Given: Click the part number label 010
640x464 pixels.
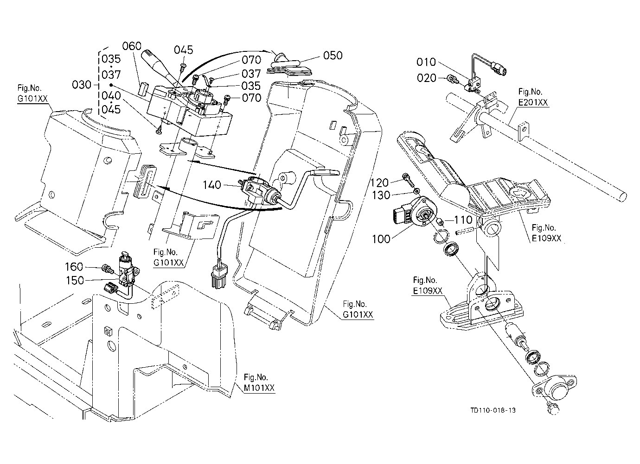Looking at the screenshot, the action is tap(426, 62).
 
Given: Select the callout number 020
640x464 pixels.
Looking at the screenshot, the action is tap(427, 78).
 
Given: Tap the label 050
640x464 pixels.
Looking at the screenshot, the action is tap(333, 56).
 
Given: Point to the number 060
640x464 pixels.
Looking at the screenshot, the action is tap(132, 46).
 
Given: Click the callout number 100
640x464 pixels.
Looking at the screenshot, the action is tap(381, 239).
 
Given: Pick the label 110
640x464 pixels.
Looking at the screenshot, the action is tap(463, 220).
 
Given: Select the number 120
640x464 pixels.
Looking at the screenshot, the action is tap(379, 182).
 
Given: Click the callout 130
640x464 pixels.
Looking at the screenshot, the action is tap(381, 195).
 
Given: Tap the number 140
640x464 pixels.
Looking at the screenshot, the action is tap(212, 185).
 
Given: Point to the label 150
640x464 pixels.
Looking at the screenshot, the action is tap(75, 280).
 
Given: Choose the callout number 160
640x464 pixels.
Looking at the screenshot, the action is tap(74, 267).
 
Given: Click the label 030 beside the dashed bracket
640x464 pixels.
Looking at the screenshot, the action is tap(82, 85).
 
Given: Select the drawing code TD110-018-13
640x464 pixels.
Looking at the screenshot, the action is tap(493, 410).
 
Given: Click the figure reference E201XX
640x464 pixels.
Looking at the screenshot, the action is tap(533, 102).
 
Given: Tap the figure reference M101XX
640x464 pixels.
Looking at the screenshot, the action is tap(259, 388).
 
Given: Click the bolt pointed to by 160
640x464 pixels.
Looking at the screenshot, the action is tap(107, 269).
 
